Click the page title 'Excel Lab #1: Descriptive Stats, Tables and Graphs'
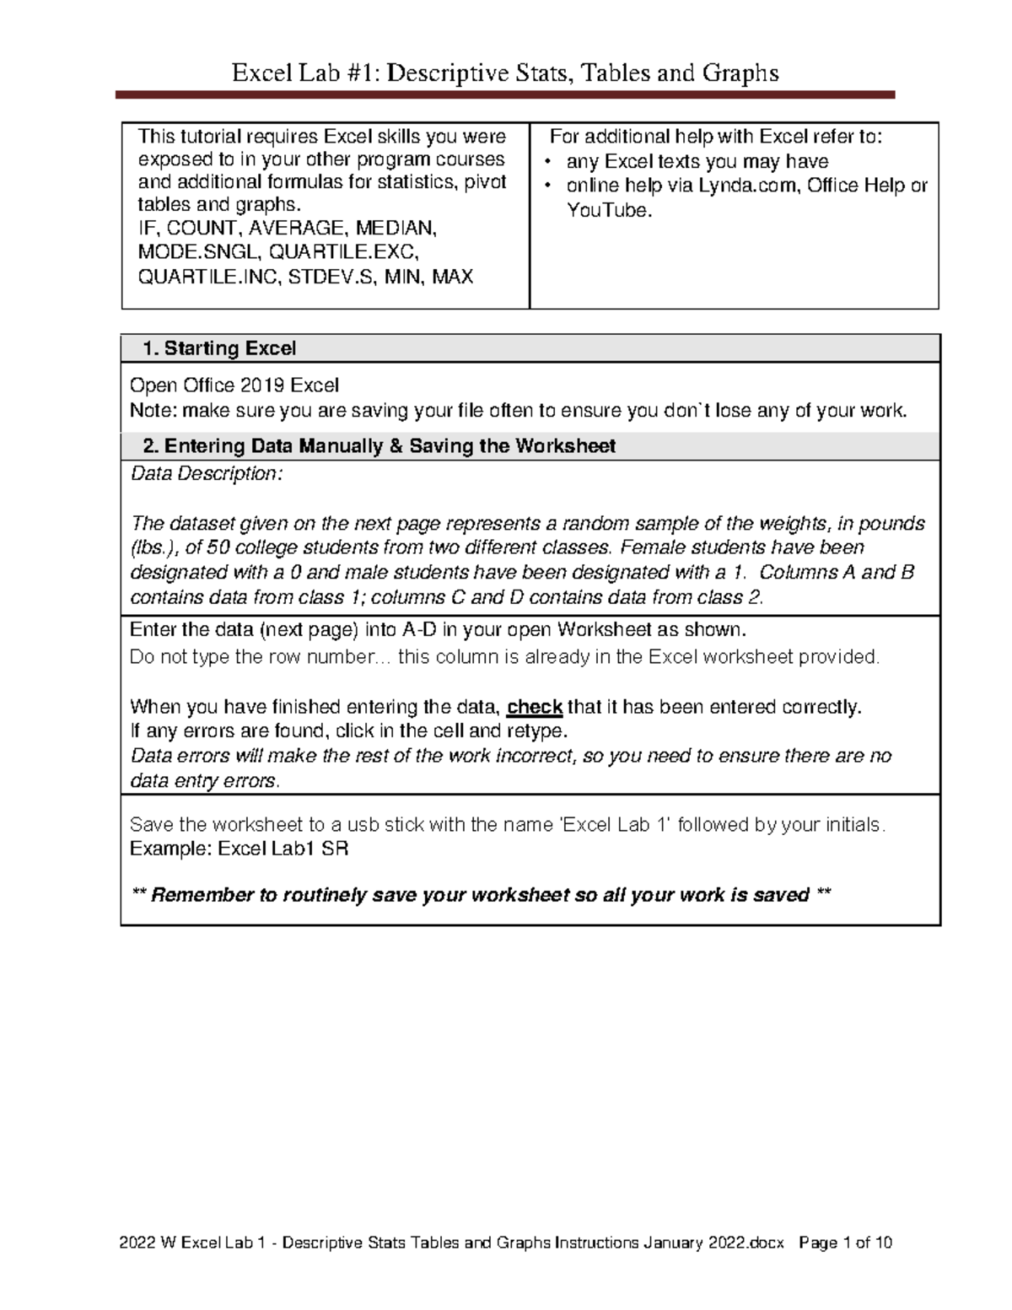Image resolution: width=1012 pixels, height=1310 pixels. point(505,73)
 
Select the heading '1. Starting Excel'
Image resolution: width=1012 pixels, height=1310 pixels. point(219,348)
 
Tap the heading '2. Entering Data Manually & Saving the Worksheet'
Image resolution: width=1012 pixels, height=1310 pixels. point(379,446)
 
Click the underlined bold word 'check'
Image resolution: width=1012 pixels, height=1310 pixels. point(534,707)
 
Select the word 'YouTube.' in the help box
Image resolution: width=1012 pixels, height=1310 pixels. point(610,211)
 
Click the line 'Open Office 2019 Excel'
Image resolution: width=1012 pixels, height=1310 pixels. point(234,385)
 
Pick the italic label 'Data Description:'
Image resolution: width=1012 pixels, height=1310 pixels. point(207,474)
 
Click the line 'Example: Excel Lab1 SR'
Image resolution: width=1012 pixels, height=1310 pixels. point(239,849)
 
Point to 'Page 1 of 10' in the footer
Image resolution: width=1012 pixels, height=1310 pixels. point(845,1243)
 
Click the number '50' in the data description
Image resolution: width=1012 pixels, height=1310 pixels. point(211,547)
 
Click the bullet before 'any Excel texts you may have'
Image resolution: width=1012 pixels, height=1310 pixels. point(548,162)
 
